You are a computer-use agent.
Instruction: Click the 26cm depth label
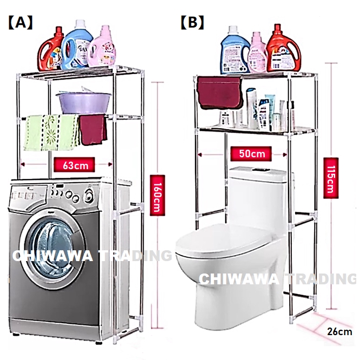(339, 331)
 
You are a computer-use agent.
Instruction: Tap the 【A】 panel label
(20, 23)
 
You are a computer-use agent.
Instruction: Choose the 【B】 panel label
(192, 23)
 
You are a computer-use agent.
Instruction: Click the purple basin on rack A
(84, 101)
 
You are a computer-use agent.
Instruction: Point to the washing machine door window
(52, 246)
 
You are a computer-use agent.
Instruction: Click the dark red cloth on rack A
(92, 129)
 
